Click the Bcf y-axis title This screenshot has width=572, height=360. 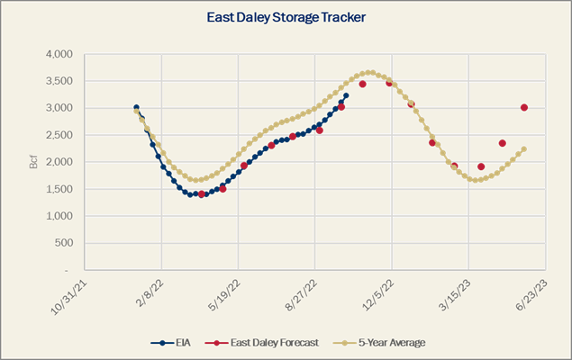(x=33, y=162)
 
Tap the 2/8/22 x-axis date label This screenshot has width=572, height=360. (x=150, y=293)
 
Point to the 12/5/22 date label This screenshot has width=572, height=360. (x=380, y=293)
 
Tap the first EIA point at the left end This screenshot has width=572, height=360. (x=136, y=107)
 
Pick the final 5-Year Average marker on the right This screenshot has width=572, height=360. (x=523, y=149)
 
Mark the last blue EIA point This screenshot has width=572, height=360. (x=346, y=94)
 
